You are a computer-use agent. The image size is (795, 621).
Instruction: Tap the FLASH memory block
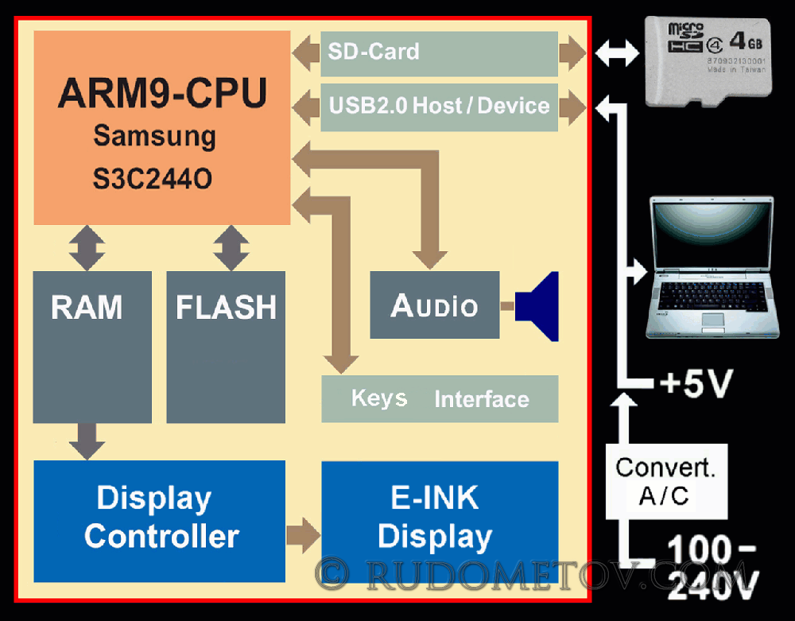point(226,347)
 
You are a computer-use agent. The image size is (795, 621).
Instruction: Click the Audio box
point(435,305)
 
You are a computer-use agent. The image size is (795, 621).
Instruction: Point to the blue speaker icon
point(540,306)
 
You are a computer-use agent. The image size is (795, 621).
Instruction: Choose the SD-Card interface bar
point(439,53)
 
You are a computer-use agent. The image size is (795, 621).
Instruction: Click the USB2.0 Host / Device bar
point(439,107)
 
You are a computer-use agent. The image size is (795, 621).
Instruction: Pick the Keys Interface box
point(440,398)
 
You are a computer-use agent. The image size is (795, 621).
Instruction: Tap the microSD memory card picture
point(708,61)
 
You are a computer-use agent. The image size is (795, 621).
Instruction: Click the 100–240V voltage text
point(711,568)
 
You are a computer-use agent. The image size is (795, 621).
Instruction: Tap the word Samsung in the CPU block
point(154,136)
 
